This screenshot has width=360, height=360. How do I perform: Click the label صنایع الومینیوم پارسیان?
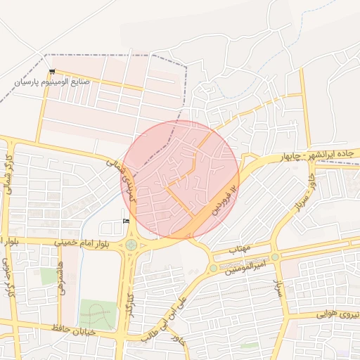click(54, 82)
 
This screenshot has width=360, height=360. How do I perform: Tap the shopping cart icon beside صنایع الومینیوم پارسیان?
click(52, 72)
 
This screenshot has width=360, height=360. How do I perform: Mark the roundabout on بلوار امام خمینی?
click(131, 245)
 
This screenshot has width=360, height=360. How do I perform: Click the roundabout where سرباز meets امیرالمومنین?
click(275, 257)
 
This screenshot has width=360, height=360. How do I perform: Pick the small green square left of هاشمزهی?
click(49, 276)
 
